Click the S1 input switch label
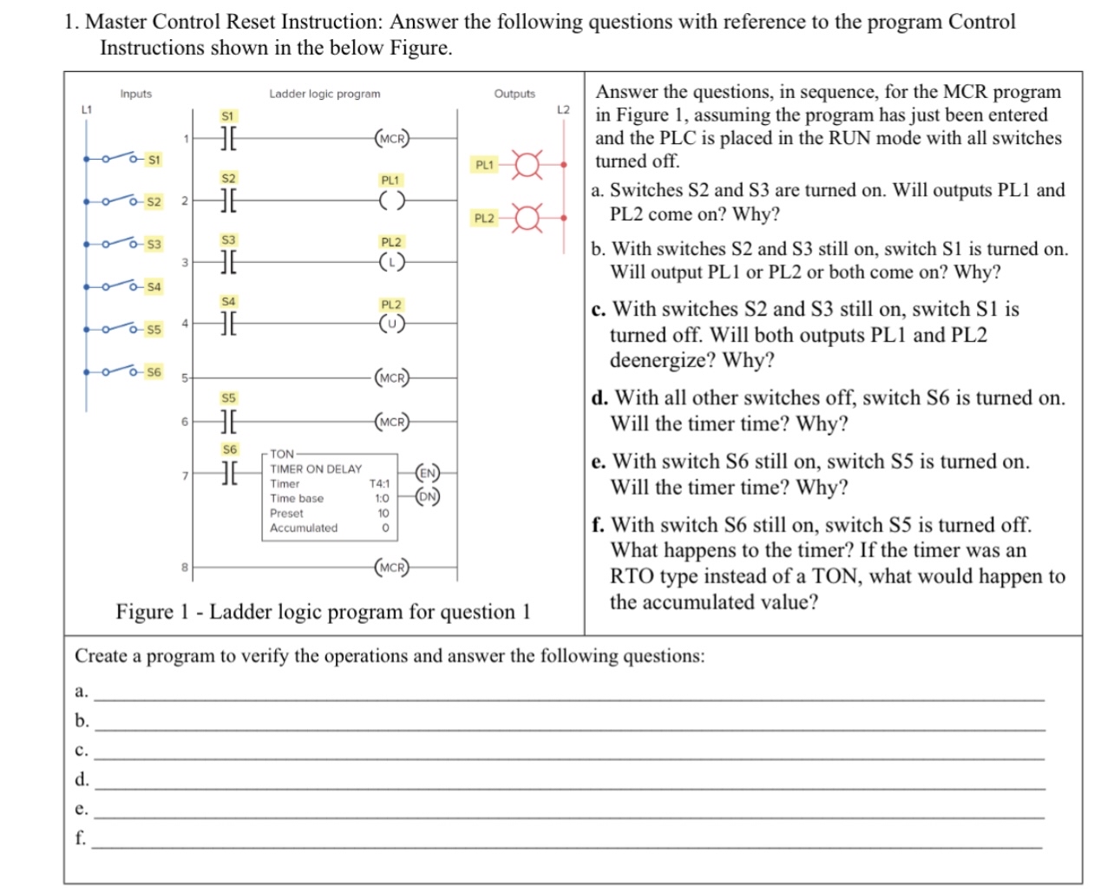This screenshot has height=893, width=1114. click(x=154, y=160)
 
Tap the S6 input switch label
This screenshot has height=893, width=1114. click(x=154, y=371)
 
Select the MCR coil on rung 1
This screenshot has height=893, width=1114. click(x=391, y=138)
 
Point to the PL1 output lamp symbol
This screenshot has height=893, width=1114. click(x=526, y=164)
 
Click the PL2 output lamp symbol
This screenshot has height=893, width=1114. click(x=526, y=218)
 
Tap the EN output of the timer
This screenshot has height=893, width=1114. click(x=427, y=473)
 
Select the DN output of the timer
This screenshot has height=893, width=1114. click(x=427, y=497)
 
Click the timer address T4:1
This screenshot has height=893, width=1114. click(x=379, y=483)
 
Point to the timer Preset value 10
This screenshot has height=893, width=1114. click(x=383, y=513)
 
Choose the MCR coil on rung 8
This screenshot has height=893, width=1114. click(x=391, y=568)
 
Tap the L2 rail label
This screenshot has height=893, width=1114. click(x=563, y=109)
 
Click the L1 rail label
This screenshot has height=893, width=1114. click(x=86, y=109)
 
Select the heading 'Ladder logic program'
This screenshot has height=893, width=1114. click(x=324, y=94)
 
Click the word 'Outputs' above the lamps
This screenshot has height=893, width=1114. click(x=514, y=94)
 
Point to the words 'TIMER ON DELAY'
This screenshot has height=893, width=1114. click(x=316, y=469)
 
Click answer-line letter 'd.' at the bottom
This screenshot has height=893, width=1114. click(x=82, y=779)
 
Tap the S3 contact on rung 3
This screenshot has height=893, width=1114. click(x=228, y=261)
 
